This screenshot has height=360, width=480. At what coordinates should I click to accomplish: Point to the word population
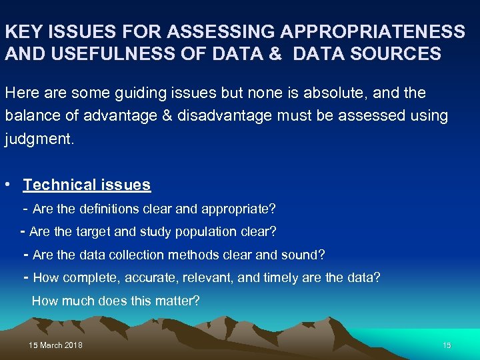204,232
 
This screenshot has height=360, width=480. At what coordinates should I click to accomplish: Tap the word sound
307,255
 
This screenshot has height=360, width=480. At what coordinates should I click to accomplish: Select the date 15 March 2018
56,345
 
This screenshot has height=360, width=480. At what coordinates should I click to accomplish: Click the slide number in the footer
447,345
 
